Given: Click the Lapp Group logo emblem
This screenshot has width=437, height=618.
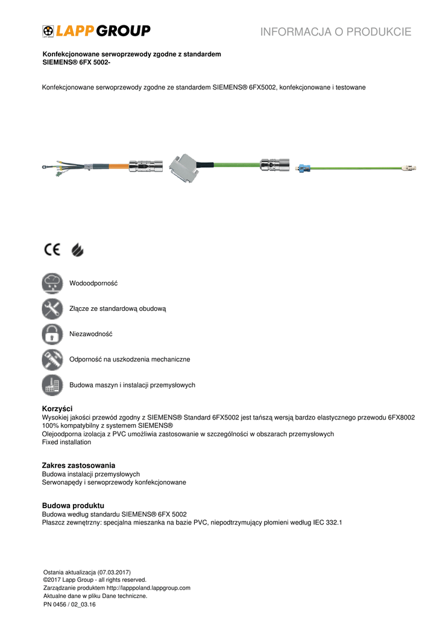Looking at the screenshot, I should pyautogui.click(x=48, y=31).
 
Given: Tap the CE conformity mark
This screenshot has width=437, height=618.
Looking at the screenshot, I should pyautogui.click(x=52, y=249).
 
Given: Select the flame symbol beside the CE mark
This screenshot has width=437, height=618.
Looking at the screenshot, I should pyautogui.click(x=77, y=249).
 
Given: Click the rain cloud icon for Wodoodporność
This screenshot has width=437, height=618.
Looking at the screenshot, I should pyautogui.click(x=52, y=283).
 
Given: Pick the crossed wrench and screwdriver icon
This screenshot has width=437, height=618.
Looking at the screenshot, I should pyautogui.click(x=52, y=308).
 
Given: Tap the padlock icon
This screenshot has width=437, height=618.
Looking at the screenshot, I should pyautogui.click(x=52, y=334).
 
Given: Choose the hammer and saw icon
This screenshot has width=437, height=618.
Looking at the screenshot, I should pyautogui.click(x=52, y=359).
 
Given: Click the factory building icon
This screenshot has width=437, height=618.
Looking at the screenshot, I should pyautogui.click(x=52, y=384).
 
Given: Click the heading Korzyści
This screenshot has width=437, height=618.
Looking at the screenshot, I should pyautogui.click(x=57, y=409).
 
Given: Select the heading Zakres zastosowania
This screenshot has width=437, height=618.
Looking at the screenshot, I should pyautogui.click(x=78, y=465).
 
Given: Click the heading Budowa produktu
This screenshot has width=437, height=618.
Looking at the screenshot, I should pyautogui.click(x=73, y=505).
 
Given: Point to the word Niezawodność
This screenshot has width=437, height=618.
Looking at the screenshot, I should pyautogui.click(x=91, y=334).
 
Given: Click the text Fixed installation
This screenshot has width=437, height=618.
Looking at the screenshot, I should pyautogui.click(x=66, y=442).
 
